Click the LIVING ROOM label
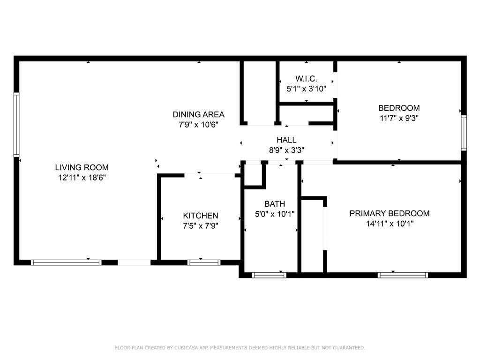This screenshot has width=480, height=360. [82, 167]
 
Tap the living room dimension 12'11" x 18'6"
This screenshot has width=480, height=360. [82, 178]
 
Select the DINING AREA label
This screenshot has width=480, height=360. [198, 114]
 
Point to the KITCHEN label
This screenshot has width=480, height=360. [201, 216]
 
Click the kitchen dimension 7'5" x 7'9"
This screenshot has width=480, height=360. [201, 226]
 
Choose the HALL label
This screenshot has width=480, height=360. [286, 140]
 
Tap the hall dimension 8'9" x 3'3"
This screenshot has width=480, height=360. [286, 150]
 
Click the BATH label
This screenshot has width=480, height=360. [275, 204]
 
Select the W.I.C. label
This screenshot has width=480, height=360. [306, 79]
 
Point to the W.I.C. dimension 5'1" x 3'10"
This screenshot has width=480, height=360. [306, 89]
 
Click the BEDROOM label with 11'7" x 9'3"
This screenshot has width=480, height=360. [399, 108]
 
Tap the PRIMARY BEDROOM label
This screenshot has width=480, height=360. [390, 213]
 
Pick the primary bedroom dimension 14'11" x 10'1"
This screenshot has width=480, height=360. [390, 224]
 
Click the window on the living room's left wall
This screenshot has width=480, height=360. [16, 125]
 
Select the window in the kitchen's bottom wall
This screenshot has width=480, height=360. [203, 262]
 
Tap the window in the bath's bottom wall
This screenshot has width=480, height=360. [269, 275]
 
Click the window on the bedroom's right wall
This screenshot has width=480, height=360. [464, 133]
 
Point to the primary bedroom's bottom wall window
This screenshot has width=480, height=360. [403, 275]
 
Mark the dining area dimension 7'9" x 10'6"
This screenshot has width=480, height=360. [198, 125]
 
